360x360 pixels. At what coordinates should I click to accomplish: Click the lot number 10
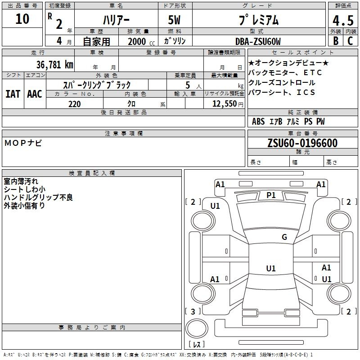point(22,19)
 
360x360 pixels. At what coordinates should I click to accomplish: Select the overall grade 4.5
point(343,21)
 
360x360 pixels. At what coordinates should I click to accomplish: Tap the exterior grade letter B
point(336,41)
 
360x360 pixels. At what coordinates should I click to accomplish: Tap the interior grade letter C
point(350,41)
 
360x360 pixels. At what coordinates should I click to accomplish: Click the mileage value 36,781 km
point(54,65)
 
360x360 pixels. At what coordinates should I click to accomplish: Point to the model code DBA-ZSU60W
point(258,41)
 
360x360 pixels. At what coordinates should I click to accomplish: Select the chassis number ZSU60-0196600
point(302,143)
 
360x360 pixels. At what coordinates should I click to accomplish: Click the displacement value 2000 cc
point(141,41)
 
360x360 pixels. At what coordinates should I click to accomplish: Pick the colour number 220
point(74,104)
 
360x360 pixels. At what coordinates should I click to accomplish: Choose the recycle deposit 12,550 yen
point(228,104)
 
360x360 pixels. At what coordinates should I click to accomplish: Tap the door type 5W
point(174,20)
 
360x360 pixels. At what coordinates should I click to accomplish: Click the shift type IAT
point(13,94)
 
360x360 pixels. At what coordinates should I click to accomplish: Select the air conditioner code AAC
point(35,94)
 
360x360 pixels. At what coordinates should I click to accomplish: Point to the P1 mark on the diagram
point(271,195)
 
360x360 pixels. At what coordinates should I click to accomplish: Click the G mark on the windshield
point(284,237)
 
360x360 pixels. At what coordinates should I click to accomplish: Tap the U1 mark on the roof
point(271,268)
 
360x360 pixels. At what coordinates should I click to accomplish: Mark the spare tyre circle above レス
point(197,328)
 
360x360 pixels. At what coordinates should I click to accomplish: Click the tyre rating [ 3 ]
point(193,311)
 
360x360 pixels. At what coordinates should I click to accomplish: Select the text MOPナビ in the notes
point(23,143)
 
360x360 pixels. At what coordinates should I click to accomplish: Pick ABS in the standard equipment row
point(258,121)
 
